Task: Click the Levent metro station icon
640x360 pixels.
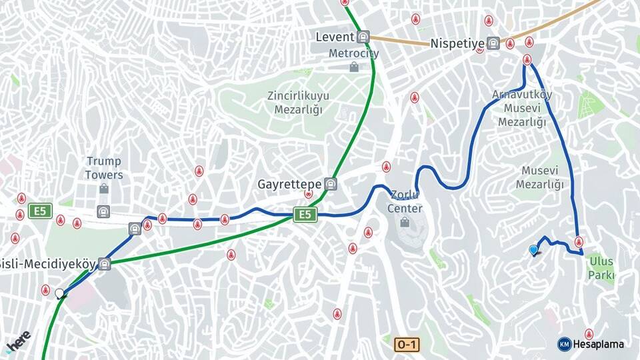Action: (x=363, y=37)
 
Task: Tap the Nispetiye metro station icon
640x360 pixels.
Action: (x=493, y=43)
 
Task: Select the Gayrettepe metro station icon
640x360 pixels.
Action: (x=331, y=184)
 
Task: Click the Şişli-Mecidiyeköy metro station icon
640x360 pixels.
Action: (x=104, y=264)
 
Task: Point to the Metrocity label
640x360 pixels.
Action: (x=353, y=53)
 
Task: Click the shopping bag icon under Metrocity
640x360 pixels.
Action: (x=353, y=67)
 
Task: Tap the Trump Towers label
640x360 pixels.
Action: (x=104, y=168)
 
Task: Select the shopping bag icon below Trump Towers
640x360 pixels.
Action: (x=104, y=189)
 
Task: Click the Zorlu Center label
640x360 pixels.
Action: (x=406, y=202)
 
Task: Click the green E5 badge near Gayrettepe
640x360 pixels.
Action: (x=305, y=214)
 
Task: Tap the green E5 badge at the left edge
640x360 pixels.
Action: (x=40, y=211)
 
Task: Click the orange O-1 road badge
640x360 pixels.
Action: (x=406, y=345)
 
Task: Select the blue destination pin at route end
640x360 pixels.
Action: (x=533, y=250)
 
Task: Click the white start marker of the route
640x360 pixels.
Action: (x=60, y=293)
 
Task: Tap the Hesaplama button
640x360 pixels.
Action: (x=591, y=344)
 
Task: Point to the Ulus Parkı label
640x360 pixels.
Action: (x=601, y=268)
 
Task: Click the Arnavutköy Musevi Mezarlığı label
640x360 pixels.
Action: (x=522, y=108)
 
